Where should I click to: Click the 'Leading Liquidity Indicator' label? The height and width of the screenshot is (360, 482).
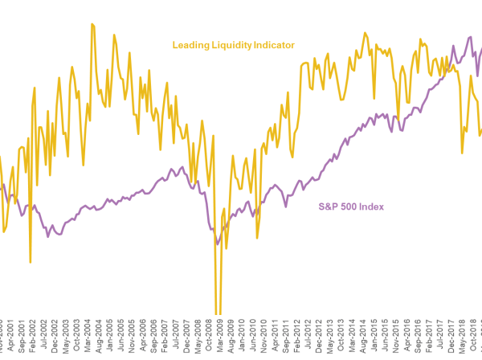[x=233, y=45]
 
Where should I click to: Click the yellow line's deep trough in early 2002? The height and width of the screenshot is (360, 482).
[x=31, y=262]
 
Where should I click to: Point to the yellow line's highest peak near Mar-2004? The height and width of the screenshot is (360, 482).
[x=92, y=24]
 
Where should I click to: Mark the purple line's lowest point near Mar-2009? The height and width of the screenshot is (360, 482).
[x=218, y=243]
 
